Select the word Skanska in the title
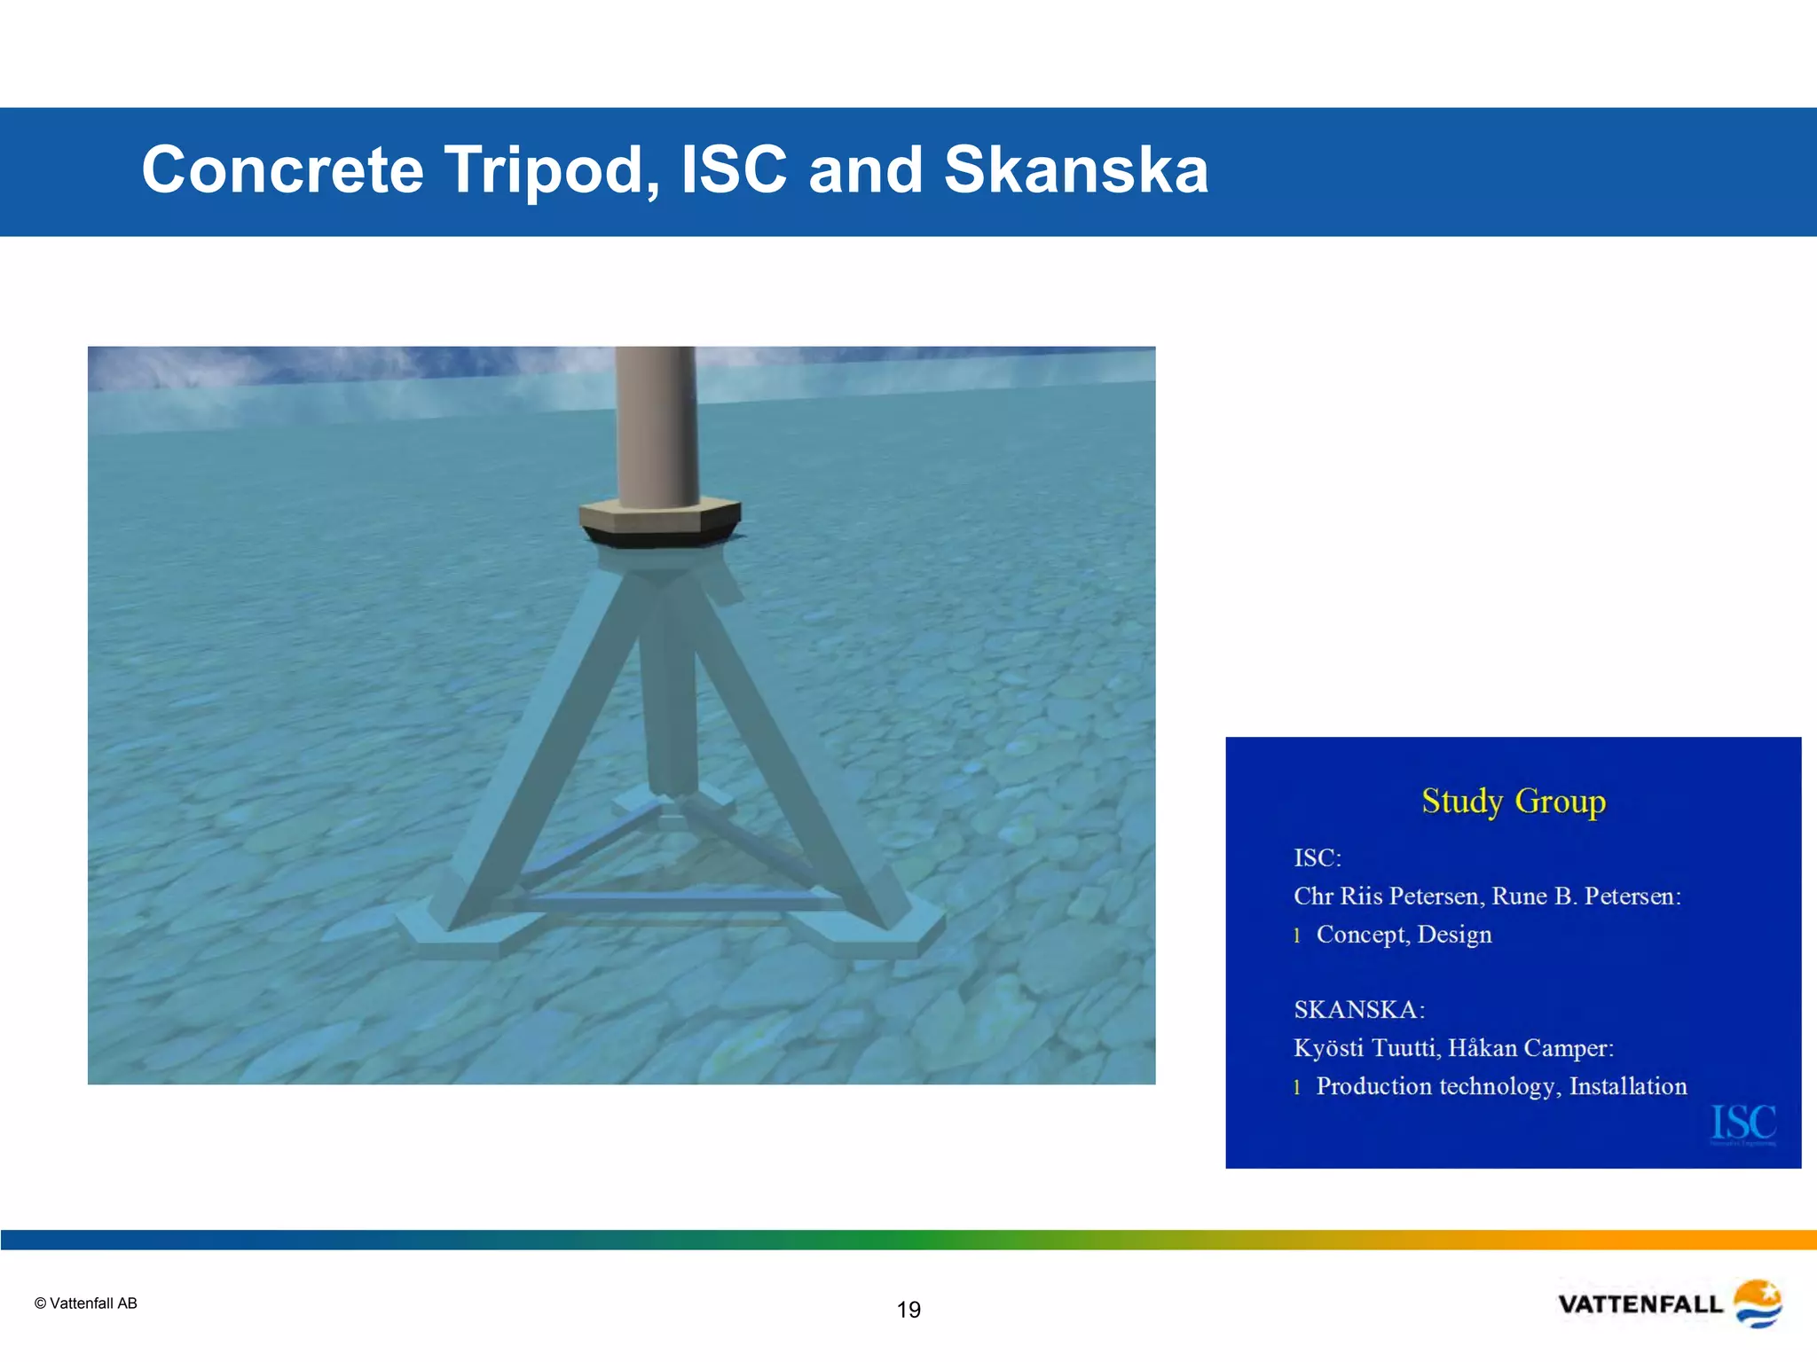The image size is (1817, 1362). tap(1075, 170)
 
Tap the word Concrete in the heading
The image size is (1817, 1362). tap(283, 170)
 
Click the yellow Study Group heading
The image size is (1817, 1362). tap(1514, 801)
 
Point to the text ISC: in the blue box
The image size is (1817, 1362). tap(1318, 858)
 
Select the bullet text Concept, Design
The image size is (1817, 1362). tap(1404, 935)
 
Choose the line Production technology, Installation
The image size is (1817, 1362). tap(1501, 1086)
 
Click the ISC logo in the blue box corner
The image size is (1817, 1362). tap(1743, 1123)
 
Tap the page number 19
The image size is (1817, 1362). tap(908, 1310)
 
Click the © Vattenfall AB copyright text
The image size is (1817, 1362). tap(86, 1303)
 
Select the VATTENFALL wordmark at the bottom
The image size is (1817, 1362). tap(1640, 1304)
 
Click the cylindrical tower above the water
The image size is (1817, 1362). tap(657, 426)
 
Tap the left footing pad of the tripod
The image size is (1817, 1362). tap(452, 935)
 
